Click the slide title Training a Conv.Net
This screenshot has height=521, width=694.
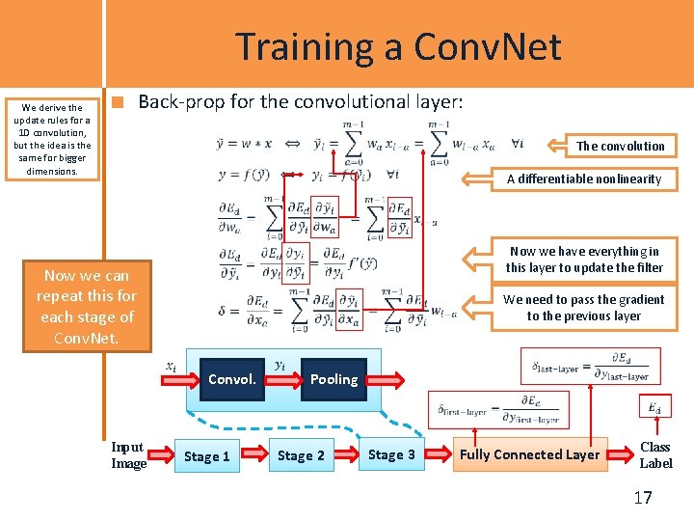coord(398,46)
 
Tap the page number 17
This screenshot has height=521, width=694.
coord(643,498)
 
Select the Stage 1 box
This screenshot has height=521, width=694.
coord(206,455)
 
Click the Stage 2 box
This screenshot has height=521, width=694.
coord(301,455)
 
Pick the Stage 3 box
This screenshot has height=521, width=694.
coord(391,454)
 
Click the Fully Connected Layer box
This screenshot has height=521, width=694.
coord(530,454)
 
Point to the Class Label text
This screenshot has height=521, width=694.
coord(655,454)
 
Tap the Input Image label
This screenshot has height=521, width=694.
coord(128,454)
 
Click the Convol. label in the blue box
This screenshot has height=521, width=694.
coord(232,379)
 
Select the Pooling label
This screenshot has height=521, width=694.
coord(334,379)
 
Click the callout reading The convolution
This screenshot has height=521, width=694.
coord(620,146)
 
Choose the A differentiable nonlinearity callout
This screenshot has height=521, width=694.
coord(584,178)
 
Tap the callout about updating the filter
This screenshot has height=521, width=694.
coord(584,259)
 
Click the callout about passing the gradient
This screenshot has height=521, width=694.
coord(584,308)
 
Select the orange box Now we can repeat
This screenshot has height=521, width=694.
coord(87,306)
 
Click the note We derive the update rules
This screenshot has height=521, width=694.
coord(52,139)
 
